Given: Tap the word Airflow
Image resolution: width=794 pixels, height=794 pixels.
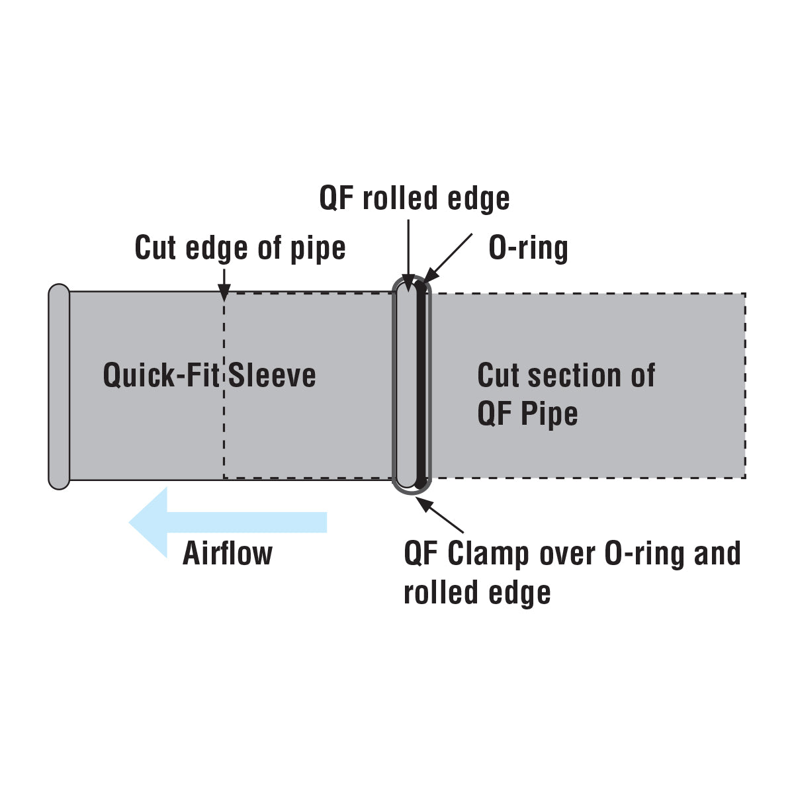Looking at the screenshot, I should click(x=227, y=553).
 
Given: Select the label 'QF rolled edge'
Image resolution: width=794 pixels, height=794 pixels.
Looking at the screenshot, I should click(x=414, y=198).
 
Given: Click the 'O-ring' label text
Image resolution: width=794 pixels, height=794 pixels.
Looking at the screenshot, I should click(x=528, y=248).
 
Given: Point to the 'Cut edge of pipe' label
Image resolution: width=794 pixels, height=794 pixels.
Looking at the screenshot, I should click(x=240, y=248).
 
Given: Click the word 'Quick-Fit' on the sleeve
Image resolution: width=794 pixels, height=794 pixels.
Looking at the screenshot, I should click(x=161, y=375).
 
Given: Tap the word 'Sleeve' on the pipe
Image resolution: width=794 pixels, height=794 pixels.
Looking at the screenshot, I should click(x=272, y=375).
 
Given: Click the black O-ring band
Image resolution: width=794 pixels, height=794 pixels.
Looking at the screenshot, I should click(x=419, y=384).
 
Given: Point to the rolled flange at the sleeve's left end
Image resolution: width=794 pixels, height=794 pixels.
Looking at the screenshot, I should click(x=59, y=387).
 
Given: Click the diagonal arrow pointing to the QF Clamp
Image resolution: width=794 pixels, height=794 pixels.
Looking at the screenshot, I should click(x=440, y=515).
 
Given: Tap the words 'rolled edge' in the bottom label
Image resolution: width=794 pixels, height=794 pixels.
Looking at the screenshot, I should click(x=476, y=592).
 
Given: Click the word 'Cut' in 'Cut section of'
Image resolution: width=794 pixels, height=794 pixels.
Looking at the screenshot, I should click(x=496, y=375).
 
